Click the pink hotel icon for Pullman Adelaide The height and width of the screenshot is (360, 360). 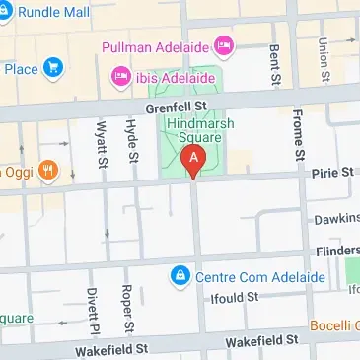pos(224,45)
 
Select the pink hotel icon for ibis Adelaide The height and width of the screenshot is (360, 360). pos(121,75)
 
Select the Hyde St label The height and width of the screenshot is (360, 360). pos(130,138)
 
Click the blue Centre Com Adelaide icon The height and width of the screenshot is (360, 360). pos(180,274)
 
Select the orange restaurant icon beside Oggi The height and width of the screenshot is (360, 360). pos(46,172)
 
